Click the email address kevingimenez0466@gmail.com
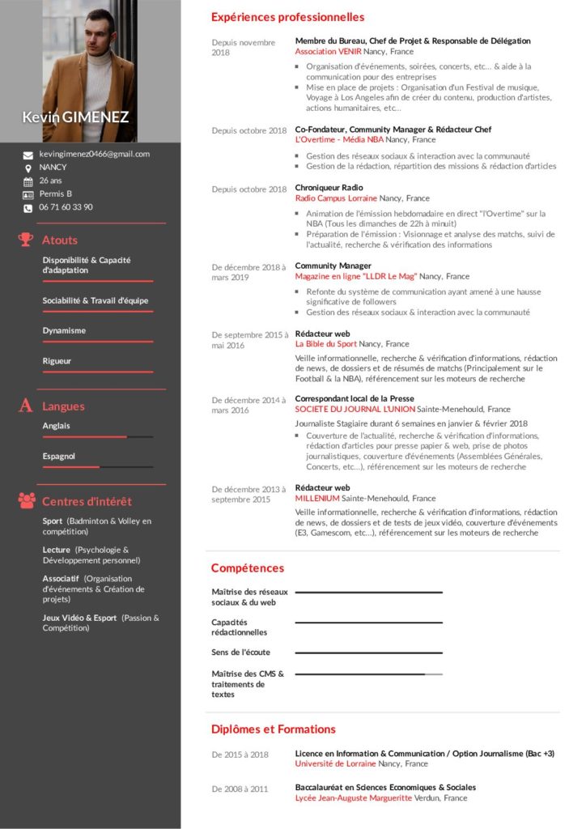(x=94, y=154)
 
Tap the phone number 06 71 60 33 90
(x=66, y=207)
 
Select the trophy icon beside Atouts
(x=26, y=240)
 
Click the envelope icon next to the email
(x=28, y=155)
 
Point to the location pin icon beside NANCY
(x=28, y=168)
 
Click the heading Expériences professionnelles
(x=287, y=17)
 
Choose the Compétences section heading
(x=248, y=568)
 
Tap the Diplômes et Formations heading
(x=273, y=729)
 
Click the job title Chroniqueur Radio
(x=323, y=188)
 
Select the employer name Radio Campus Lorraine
(x=336, y=198)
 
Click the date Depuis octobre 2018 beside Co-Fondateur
(x=249, y=130)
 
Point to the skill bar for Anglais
(x=97, y=437)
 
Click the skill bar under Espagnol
(x=97, y=467)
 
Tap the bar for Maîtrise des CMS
(x=368, y=674)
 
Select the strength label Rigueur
(x=57, y=361)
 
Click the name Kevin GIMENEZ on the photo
(x=75, y=117)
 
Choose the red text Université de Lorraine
(x=335, y=763)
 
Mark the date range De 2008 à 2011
(x=240, y=789)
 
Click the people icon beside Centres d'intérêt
(x=26, y=500)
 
